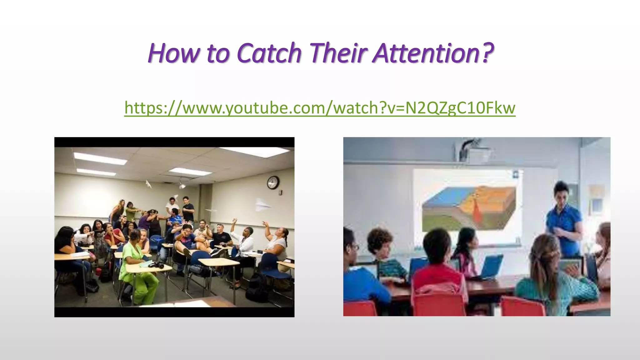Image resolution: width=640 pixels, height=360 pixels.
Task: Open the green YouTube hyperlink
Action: point(320,108)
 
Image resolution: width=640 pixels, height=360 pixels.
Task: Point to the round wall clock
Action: point(273,182)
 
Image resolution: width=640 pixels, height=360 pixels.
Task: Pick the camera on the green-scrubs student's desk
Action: point(156,265)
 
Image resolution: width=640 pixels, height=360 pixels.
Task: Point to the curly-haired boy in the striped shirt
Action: point(384,253)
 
